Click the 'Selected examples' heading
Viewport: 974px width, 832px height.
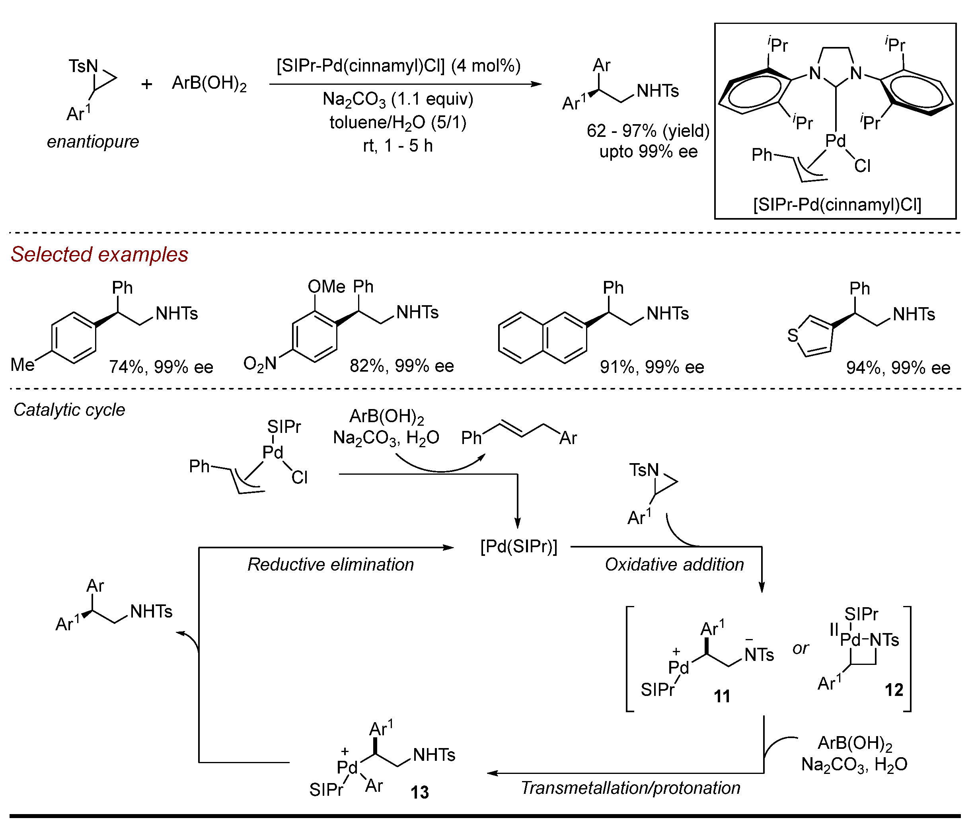click(99, 254)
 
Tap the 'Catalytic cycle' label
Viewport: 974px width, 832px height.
click(69, 410)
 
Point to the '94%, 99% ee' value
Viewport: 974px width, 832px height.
click(898, 368)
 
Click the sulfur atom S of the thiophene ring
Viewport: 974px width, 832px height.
click(793, 335)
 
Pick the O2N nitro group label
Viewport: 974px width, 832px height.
click(259, 363)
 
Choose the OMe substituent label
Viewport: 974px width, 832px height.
click(326, 286)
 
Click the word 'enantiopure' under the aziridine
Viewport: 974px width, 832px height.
click(93, 142)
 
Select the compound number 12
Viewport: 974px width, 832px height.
click(894, 690)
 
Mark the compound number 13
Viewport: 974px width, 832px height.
click(419, 793)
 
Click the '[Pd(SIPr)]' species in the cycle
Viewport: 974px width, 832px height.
click(518, 547)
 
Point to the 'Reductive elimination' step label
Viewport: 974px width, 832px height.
click(331, 565)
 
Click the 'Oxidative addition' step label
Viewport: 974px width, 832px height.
click(674, 565)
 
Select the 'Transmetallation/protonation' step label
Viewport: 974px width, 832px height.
click(630, 788)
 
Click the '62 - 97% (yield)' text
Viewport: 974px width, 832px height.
click(648, 131)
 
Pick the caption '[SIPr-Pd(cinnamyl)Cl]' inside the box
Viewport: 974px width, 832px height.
click(837, 205)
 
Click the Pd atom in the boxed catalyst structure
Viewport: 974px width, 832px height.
click(835, 141)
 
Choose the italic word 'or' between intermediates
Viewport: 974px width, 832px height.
click(801, 649)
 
